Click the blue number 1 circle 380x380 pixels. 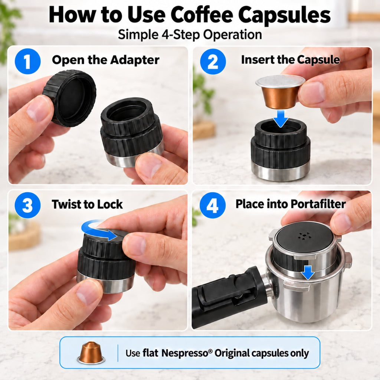[27, 61]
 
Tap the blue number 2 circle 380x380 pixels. [213, 61]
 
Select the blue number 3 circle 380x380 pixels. [27, 205]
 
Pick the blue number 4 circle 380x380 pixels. [213, 205]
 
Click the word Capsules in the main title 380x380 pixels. [284, 15]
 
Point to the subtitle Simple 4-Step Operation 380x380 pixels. [190, 35]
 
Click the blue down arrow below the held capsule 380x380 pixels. [281, 118]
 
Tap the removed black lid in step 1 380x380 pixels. [69, 98]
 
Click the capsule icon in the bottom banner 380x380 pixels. [91, 353]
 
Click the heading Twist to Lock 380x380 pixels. [87, 204]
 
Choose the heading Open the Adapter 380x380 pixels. [106, 60]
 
